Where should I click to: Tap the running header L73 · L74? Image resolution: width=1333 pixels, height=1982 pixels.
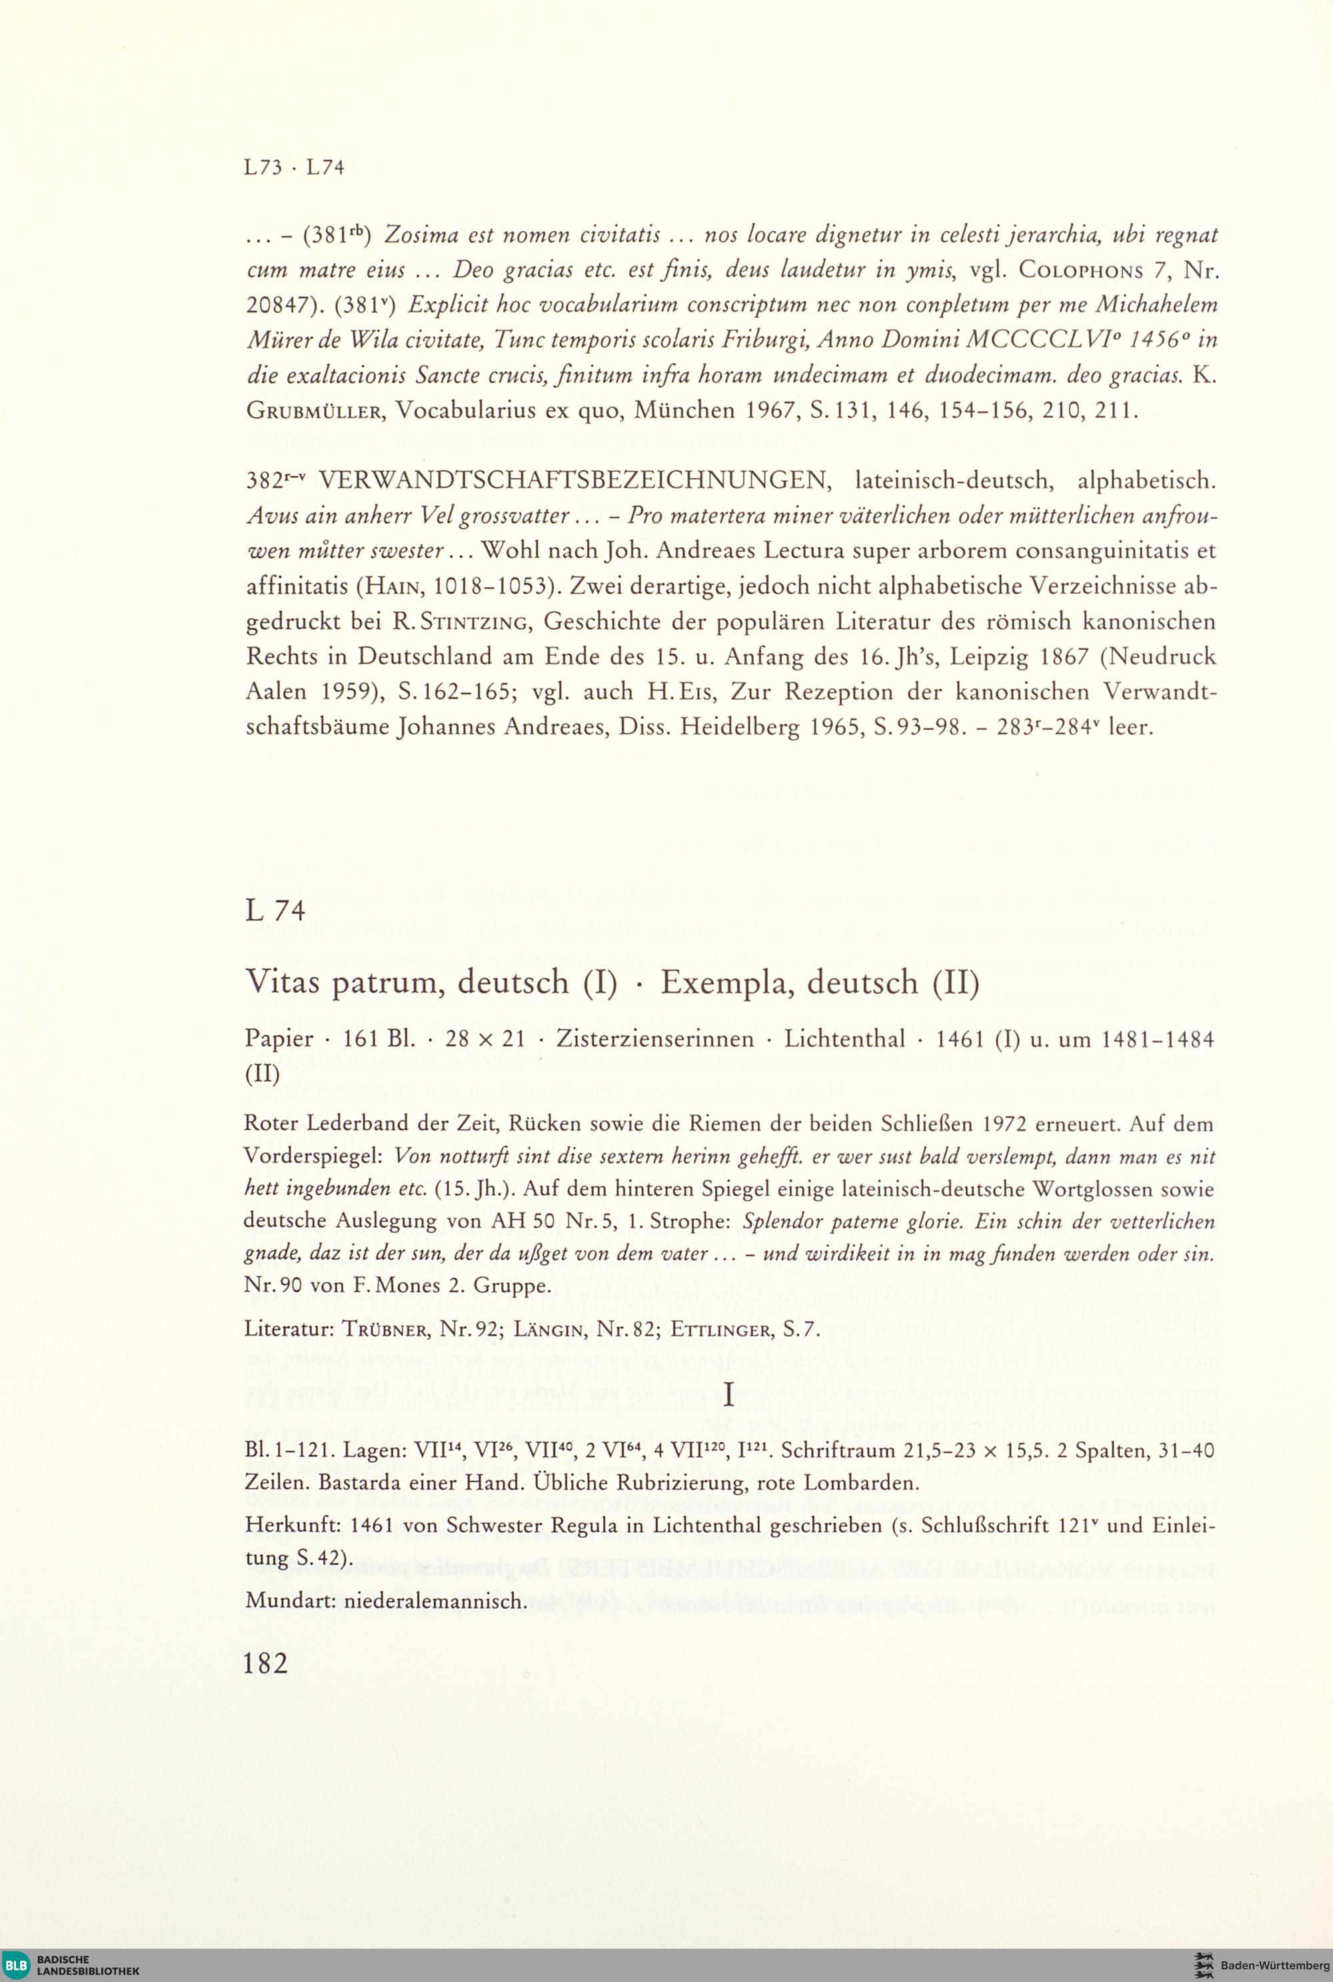click(293, 167)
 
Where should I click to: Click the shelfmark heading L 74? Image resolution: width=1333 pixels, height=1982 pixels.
click(275, 911)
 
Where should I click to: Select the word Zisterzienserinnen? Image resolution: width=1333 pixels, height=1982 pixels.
click(655, 1040)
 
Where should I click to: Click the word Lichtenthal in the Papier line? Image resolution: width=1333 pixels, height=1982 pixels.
click(844, 1040)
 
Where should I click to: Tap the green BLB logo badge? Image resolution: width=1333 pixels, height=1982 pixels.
click(16, 1963)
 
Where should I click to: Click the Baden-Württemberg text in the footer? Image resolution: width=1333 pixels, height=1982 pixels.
click(1275, 1965)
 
